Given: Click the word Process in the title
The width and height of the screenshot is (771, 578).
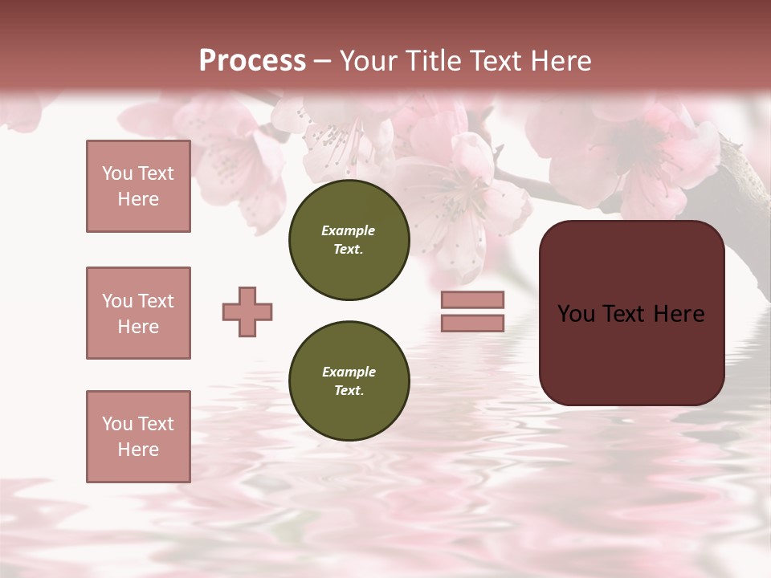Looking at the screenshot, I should pyautogui.click(x=252, y=61).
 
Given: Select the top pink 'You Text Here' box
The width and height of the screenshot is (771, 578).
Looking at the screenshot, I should pyautogui.click(x=138, y=186).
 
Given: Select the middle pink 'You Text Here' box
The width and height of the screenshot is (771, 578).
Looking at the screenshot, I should pyautogui.click(x=138, y=313).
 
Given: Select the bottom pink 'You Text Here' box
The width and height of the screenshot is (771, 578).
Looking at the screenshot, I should pyautogui.click(x=138, y=437).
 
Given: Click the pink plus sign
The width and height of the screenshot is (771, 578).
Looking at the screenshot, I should pyautogui.click(x=247, y=311).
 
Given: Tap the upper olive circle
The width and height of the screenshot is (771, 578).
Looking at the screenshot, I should pyautogui.click(x=349, y=240).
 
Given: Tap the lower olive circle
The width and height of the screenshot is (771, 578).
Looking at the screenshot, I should pyautogui.click(x=349, y=381).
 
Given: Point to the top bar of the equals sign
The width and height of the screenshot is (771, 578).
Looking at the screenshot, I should pyautogui.click(x=472, y=300).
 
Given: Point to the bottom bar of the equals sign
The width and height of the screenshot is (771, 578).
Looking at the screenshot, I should pyautogui.click(x=472, y=323).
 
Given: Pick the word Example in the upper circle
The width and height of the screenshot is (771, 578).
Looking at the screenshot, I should pyautogui.click(x=349, y=230).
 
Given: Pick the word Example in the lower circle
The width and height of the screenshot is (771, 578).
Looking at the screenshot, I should pyautogui.click(x=349, y=372).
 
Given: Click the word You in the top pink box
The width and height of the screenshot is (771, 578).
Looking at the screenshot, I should pyautogui.click(x=116, y=173).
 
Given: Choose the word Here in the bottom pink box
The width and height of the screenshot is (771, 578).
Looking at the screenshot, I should pyautogui.click(x=138, y=450).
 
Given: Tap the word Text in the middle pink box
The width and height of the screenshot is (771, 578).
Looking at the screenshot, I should pyautogui.click(x=156, y=301).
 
